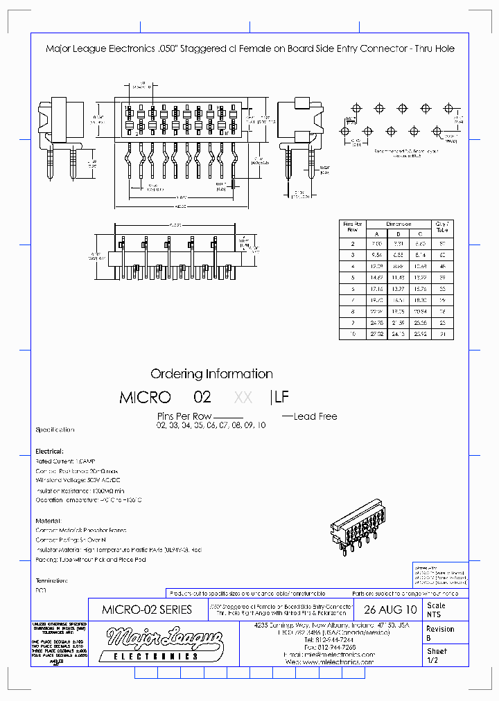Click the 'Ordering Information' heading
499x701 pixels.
(211, 374)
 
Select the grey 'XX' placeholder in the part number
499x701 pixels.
(243, 398)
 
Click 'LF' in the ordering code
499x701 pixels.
(282, 398)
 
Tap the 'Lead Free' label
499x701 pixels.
(315, 416)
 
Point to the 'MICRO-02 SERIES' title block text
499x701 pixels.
(147, 610)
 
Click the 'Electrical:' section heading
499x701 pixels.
(49, 451)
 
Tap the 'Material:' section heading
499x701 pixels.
(48, 520)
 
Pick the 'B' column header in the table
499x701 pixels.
(398, 233)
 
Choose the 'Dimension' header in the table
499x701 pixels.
(398, 224)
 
